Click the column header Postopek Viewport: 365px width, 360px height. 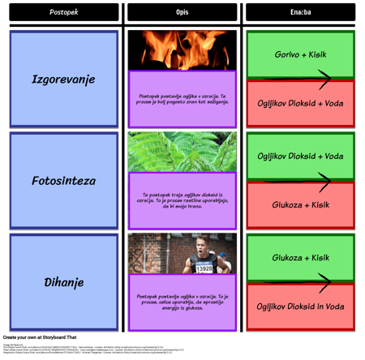click(x=63, y=12)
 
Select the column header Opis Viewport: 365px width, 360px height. click(x=182, y=12)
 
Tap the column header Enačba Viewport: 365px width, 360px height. click(x=300, y=12)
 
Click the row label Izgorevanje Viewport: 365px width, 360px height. click(x=63, y=79)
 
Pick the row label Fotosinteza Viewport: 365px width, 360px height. click(x=63, y=181)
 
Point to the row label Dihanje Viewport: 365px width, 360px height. click(x=63, y=283)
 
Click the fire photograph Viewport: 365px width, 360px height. click(x=182, y=49)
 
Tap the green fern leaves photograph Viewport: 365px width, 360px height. click(x=182, y=151)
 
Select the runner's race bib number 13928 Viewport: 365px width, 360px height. click(x=204, y=268)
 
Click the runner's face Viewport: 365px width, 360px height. click(x=201, y=245)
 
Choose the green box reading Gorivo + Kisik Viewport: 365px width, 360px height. click(x=300, y=54)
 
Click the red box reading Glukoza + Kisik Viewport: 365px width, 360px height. click(x=300, y=205)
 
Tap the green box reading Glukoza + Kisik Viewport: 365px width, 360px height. click(x=300, y=257)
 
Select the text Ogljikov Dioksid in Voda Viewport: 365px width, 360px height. click(x=300, y=307)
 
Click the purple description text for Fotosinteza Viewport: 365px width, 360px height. click(x=182, y=200)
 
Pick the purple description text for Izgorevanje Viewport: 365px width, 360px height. click(x=182, y=99)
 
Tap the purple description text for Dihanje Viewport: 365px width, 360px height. click(x=182, y=302)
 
